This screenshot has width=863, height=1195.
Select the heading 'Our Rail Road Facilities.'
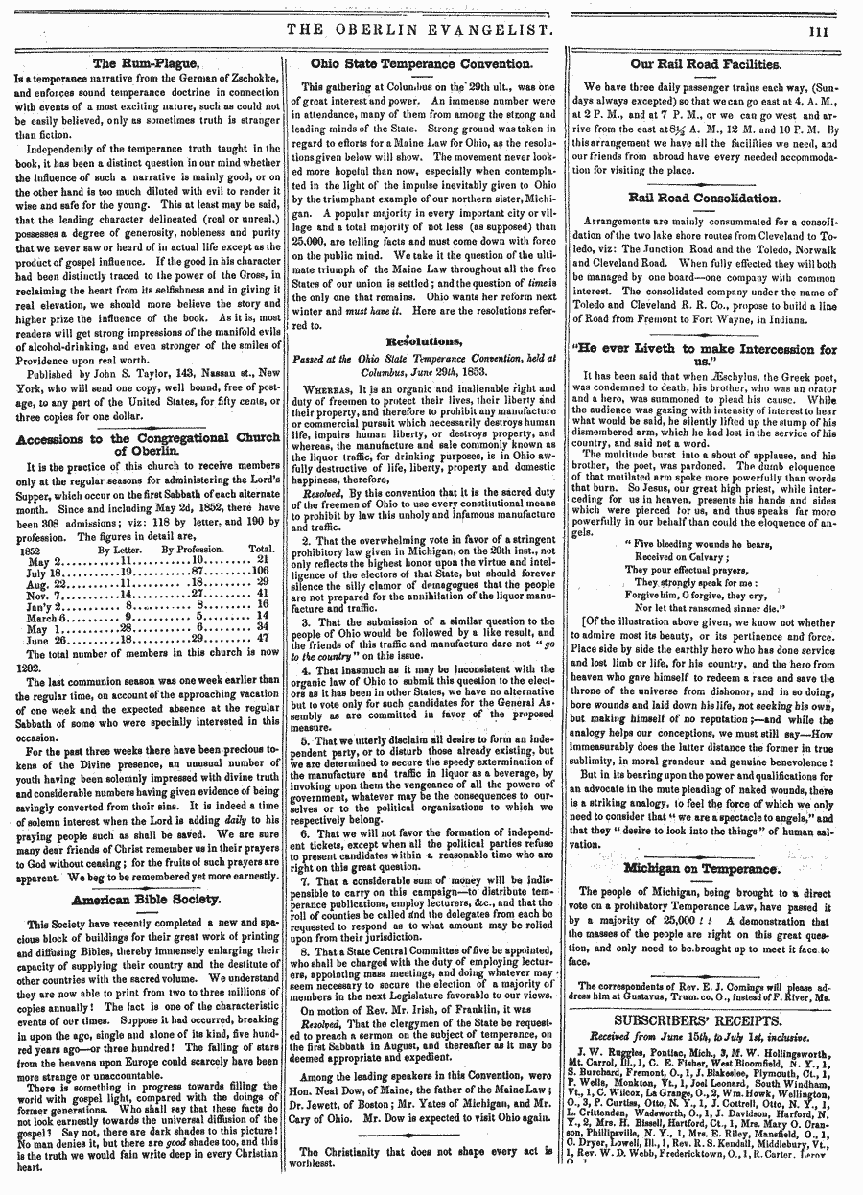coord(705,63)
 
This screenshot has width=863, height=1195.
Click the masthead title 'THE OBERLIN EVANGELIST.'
coord(422,31)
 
